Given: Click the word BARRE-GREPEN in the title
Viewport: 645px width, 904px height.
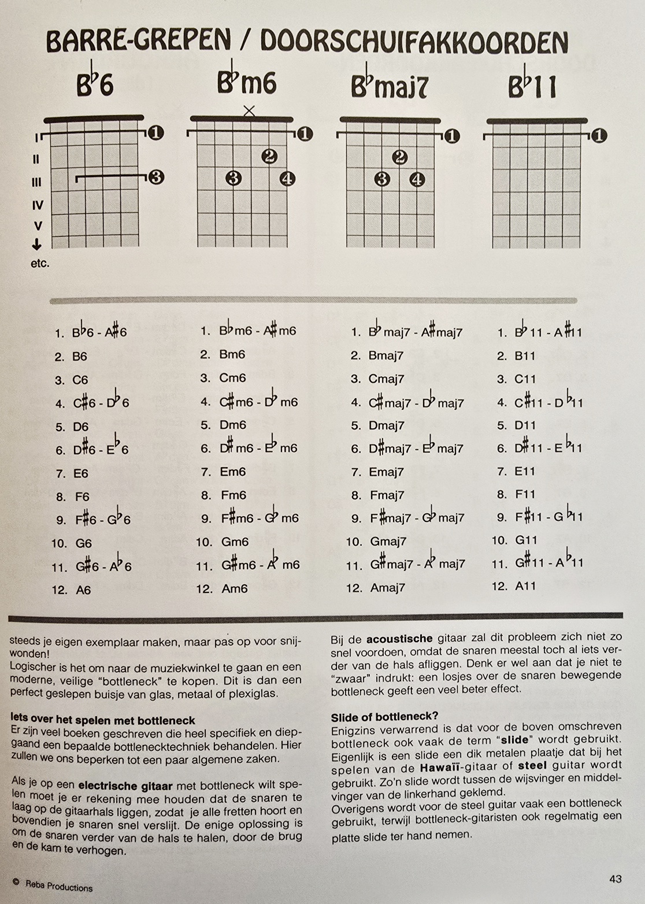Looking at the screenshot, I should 139,40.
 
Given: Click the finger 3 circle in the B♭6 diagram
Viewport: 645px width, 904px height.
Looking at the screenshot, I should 155,177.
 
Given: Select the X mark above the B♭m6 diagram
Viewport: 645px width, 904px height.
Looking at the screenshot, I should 249,110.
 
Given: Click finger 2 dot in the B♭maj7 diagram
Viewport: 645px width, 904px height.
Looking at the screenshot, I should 400,157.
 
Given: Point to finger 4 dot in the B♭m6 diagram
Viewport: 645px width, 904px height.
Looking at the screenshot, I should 287,179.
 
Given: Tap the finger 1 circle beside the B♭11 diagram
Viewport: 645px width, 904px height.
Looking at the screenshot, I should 599,136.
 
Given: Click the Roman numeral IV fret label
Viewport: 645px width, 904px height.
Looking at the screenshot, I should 38,205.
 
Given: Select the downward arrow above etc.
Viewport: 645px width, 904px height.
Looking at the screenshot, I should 37,244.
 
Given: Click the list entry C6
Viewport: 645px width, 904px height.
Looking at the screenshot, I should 80,380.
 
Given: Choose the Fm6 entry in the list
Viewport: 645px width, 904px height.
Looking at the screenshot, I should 233,495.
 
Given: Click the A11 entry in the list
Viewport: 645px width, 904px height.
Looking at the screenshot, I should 525,586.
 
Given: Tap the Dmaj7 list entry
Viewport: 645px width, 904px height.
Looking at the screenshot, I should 386,425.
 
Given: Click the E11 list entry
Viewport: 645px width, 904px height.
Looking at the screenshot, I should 525,471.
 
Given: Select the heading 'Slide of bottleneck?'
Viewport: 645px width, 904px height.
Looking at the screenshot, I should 384,717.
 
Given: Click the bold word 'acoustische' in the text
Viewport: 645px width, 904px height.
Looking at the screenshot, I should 399,639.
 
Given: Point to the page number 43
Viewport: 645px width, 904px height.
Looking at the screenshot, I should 616,879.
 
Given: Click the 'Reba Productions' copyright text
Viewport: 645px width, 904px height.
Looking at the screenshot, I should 58,886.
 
